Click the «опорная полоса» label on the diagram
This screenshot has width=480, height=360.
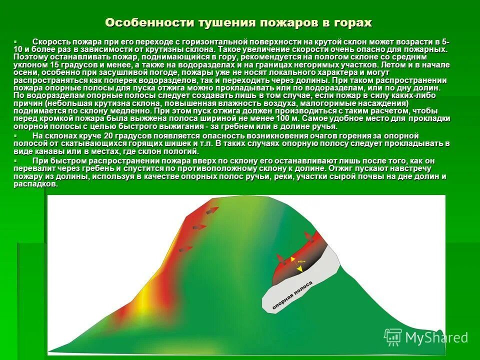pyautogui.click(x=292, y=297)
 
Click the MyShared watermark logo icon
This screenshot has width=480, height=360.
pyautogui.click(x=392, y=337)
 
